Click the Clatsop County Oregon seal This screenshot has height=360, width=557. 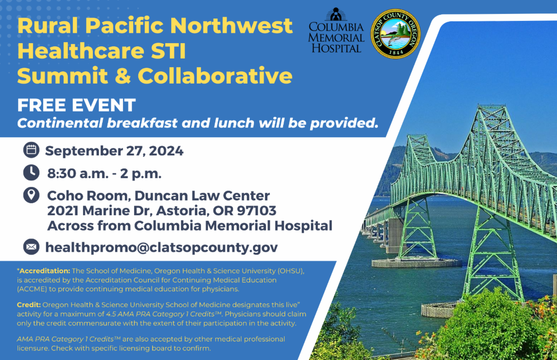click(x=395, y=34)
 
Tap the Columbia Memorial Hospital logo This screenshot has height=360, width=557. click(x=336, y=30)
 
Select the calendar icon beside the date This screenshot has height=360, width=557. click(x=32, y=150)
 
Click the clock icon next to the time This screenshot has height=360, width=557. click(x=32, y=173)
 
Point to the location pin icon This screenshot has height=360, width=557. click(x=32, y=195)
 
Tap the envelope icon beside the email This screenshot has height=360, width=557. click(x=32, y=247)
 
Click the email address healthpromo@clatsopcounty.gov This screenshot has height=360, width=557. click(x=162, y=248)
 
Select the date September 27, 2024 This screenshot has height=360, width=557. click(x=114, y=151)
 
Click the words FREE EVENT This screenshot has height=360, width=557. click(x=76, y=105)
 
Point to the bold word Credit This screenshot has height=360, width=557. click(x=29, y=305)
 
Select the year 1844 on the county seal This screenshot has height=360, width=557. click(x=396, y=52)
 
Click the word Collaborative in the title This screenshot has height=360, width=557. click(x=215, y=76)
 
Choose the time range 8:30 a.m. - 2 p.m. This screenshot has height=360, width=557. click(x=104, y=174)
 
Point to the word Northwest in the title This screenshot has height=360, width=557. click(x=231, y=26)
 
